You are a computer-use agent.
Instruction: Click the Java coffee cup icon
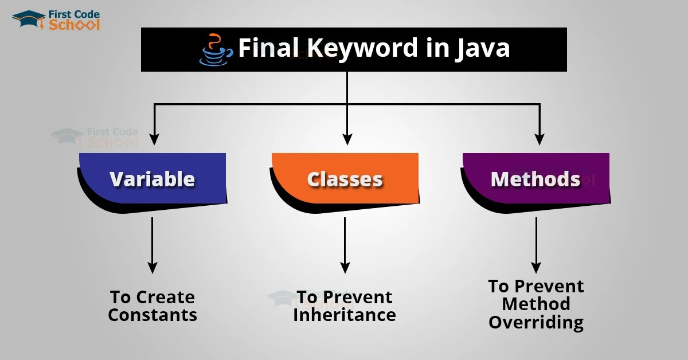click(216, 50)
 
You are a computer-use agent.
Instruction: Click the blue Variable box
click(153, 179)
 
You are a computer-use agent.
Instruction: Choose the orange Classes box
click(345, 179)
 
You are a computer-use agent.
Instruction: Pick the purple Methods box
click(535, 179)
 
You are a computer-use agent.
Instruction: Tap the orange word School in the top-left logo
click(75, 25)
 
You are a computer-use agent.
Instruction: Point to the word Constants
click(153, 315)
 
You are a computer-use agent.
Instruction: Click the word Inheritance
click(345, 315)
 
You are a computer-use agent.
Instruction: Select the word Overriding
click(535, 322)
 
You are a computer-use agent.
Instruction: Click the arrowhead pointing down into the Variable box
click(153, 139)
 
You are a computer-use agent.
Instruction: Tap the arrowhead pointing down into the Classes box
click(347, 139)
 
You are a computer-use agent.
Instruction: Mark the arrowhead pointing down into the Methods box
click(539, 139)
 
